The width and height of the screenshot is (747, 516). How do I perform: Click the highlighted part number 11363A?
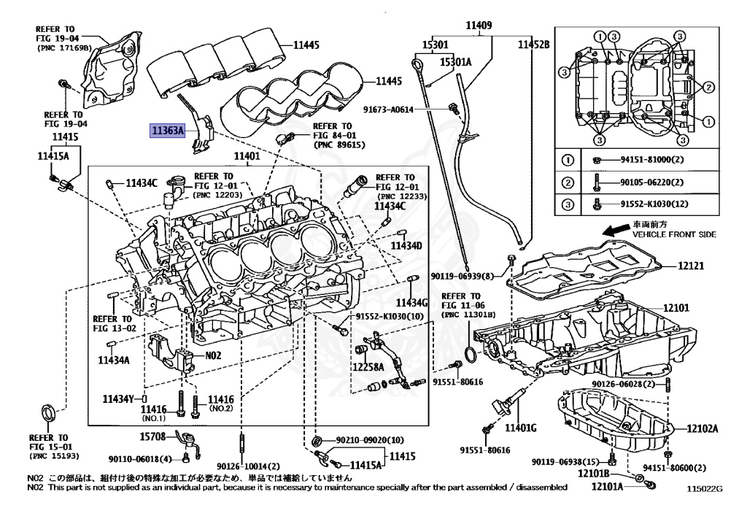tap(168, 131)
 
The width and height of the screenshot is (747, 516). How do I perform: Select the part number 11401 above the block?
tap(247, 157)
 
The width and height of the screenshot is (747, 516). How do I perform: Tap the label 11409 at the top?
tap(479, 26)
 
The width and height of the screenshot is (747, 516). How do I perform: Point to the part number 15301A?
tap(456, 62)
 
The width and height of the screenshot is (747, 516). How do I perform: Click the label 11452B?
tap(533, 45)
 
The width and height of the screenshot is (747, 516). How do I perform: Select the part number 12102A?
tap(702, 428)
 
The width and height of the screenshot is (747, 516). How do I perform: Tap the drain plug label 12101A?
tap(607, 486)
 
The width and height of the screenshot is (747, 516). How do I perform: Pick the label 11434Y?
tap(119, 398)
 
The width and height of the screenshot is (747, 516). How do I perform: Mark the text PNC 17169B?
tap(64, 47)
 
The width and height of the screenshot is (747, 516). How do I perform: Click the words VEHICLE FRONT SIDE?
tap(673, 234)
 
